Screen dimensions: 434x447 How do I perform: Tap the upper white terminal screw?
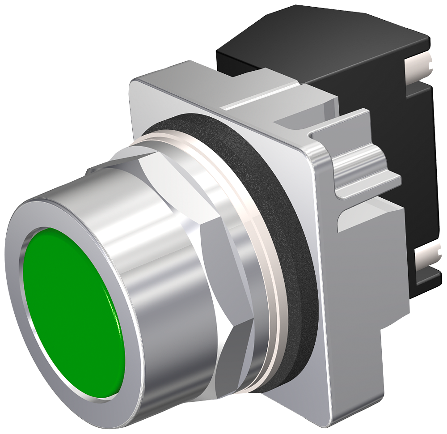coord(420,67)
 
